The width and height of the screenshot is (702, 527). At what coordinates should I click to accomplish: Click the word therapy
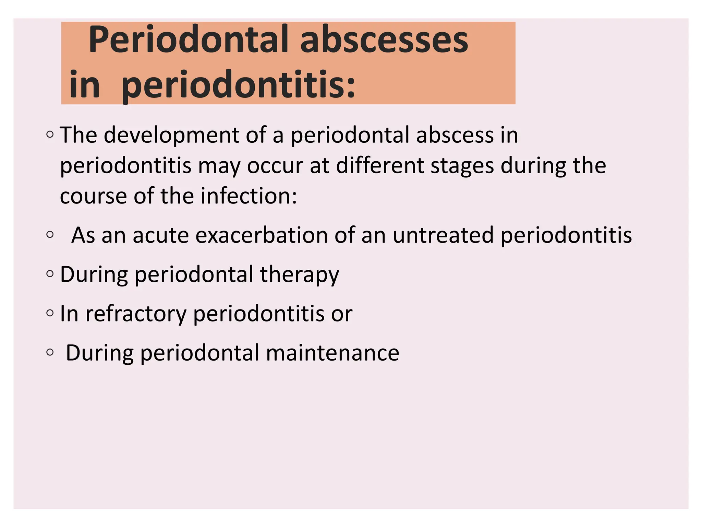click(299, 275)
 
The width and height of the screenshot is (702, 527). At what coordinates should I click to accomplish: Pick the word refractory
click(135, 314)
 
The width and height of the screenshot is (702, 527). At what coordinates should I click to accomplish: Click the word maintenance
click(332, 353)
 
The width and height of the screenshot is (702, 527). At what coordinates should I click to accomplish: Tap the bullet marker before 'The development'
click(50, 134)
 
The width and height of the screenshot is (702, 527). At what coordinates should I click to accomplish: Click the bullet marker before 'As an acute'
click(50, 235)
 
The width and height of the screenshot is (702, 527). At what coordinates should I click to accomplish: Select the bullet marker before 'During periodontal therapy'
click(50, 274)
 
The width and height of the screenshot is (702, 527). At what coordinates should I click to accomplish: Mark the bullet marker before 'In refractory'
click(50, 313)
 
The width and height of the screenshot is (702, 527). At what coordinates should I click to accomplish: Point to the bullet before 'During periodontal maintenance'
click(50, 352)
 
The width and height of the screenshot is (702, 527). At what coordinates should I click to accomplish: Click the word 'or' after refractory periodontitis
click(341, 314)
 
